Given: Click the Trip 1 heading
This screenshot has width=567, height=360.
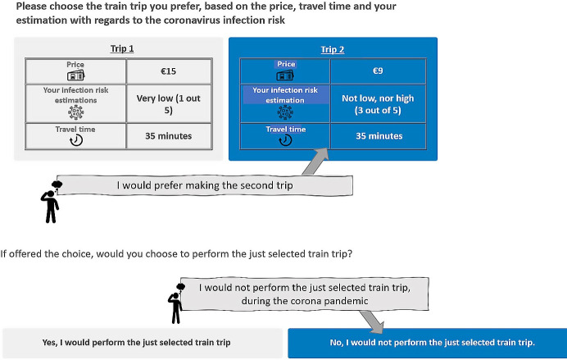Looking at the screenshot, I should (121, 48).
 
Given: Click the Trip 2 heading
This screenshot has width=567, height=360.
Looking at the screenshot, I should (331, 49).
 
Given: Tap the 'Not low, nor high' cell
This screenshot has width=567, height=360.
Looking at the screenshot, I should (377, 103).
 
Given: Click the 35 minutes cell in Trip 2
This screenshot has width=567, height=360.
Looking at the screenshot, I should (377, 135).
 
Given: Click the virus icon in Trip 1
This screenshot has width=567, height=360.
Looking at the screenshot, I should (76, 111).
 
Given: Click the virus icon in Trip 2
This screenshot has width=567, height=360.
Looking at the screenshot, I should (285, 112).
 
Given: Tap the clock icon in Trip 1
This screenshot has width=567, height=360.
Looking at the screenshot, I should (76, 140).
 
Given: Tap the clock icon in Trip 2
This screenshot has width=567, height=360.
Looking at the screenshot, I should (285, 140).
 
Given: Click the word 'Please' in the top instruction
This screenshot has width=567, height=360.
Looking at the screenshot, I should (34, 7).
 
